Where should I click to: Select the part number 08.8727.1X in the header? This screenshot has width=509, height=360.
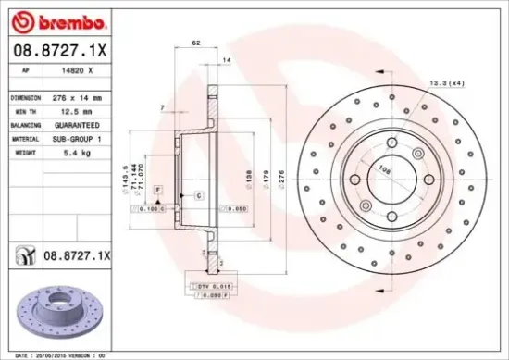(x=58, y=52)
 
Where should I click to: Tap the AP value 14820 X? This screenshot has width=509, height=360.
(x=76, y=69)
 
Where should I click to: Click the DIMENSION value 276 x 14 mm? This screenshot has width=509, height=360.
(x=78, y=96)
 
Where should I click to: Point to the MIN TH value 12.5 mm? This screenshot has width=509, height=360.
(x=73, y=110)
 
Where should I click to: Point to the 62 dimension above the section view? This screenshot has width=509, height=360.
(x=195, y=43)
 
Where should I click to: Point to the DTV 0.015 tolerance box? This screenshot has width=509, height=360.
(x=206, y=287)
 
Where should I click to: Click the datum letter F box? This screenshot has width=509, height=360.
(x=158, y=189)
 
